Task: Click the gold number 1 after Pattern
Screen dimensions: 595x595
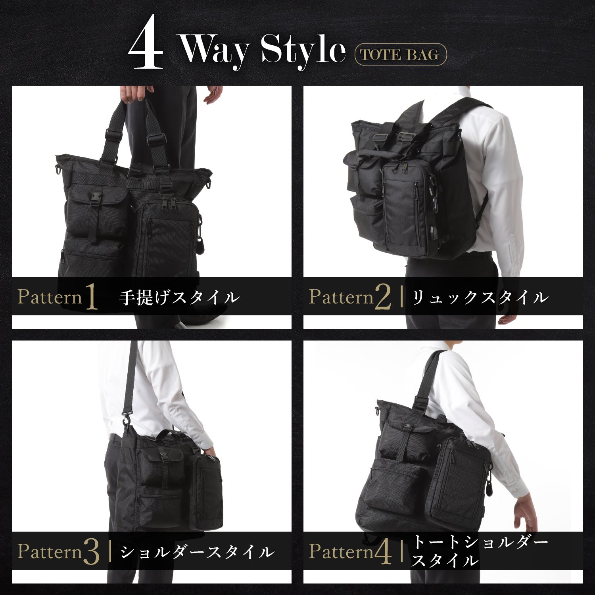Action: pyautogui.click(x=91, y=297)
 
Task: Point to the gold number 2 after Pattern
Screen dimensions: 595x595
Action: pyautogui.click(x=383, y=297)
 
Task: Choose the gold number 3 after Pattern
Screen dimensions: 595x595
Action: pyautogui.click(x=92, y=552)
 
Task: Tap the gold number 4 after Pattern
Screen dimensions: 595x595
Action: pyautogui.click(x=383, y=552)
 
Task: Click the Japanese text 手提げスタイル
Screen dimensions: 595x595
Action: pyautogui.click(x=179, y=297)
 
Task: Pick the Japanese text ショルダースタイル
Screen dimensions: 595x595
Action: pyautogui.click(x=197, y=552)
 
